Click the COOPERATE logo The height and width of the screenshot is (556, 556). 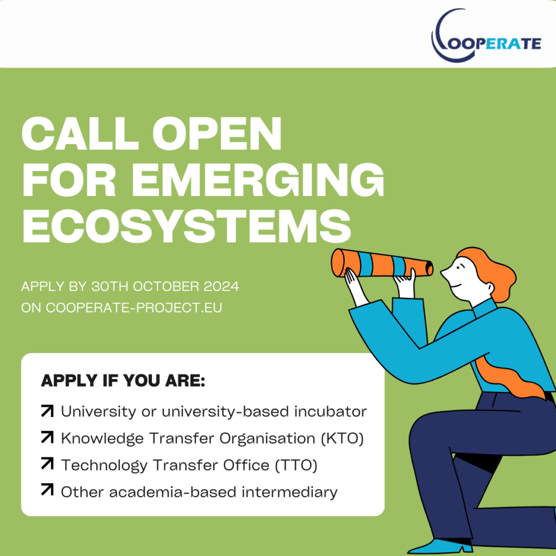pos(486,36)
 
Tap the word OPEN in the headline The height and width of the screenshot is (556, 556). pos(217,134)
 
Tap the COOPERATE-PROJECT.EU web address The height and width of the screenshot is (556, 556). pos(134,307)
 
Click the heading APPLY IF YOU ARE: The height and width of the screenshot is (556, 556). pos(123,381)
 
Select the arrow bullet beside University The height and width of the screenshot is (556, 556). pos(47,412)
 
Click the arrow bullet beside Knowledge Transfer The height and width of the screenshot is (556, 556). pos(47,438)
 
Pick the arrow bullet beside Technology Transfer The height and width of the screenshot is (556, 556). pos(47,464)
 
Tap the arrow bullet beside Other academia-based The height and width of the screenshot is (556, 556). pos(47,491)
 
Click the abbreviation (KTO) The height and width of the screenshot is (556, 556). pos(342,439)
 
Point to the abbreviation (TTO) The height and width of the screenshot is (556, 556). pos(296,465)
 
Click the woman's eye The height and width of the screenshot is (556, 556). pos(458,267)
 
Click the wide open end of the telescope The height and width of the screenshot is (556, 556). pos(338,263)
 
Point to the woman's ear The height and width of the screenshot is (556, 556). pos(490,287)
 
